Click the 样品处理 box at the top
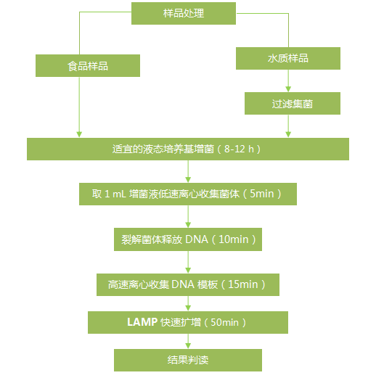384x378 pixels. (x=184, y=14)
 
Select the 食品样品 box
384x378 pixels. (x=88, y=65)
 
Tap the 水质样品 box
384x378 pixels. (x=288, y=58)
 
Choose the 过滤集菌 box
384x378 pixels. (x=293, y=103)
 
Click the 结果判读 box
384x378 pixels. (x=188, y=360)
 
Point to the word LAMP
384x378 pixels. (x=142, y=322)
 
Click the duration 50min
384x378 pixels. (x=224, y=322)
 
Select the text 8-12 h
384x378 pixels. (x=239, y=149)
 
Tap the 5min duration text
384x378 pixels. (x=262, y=194)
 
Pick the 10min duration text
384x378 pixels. (x=234, y=239)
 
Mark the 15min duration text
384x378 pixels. (x=243, y=284)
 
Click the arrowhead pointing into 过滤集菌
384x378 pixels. (x=288, y=89)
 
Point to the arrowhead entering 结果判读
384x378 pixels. (x=188, y=346)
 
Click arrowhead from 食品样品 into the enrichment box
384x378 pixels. (x=79, y=135)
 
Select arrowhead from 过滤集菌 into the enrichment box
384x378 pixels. (x=288, y=135)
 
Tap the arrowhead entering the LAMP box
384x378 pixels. (x=188, y=308)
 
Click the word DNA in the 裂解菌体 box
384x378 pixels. (x=197, y=239)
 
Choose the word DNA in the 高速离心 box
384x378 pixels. (x=183, y=284)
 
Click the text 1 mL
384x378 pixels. (x=115, y=194)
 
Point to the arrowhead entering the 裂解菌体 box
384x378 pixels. (x=188, y=225)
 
